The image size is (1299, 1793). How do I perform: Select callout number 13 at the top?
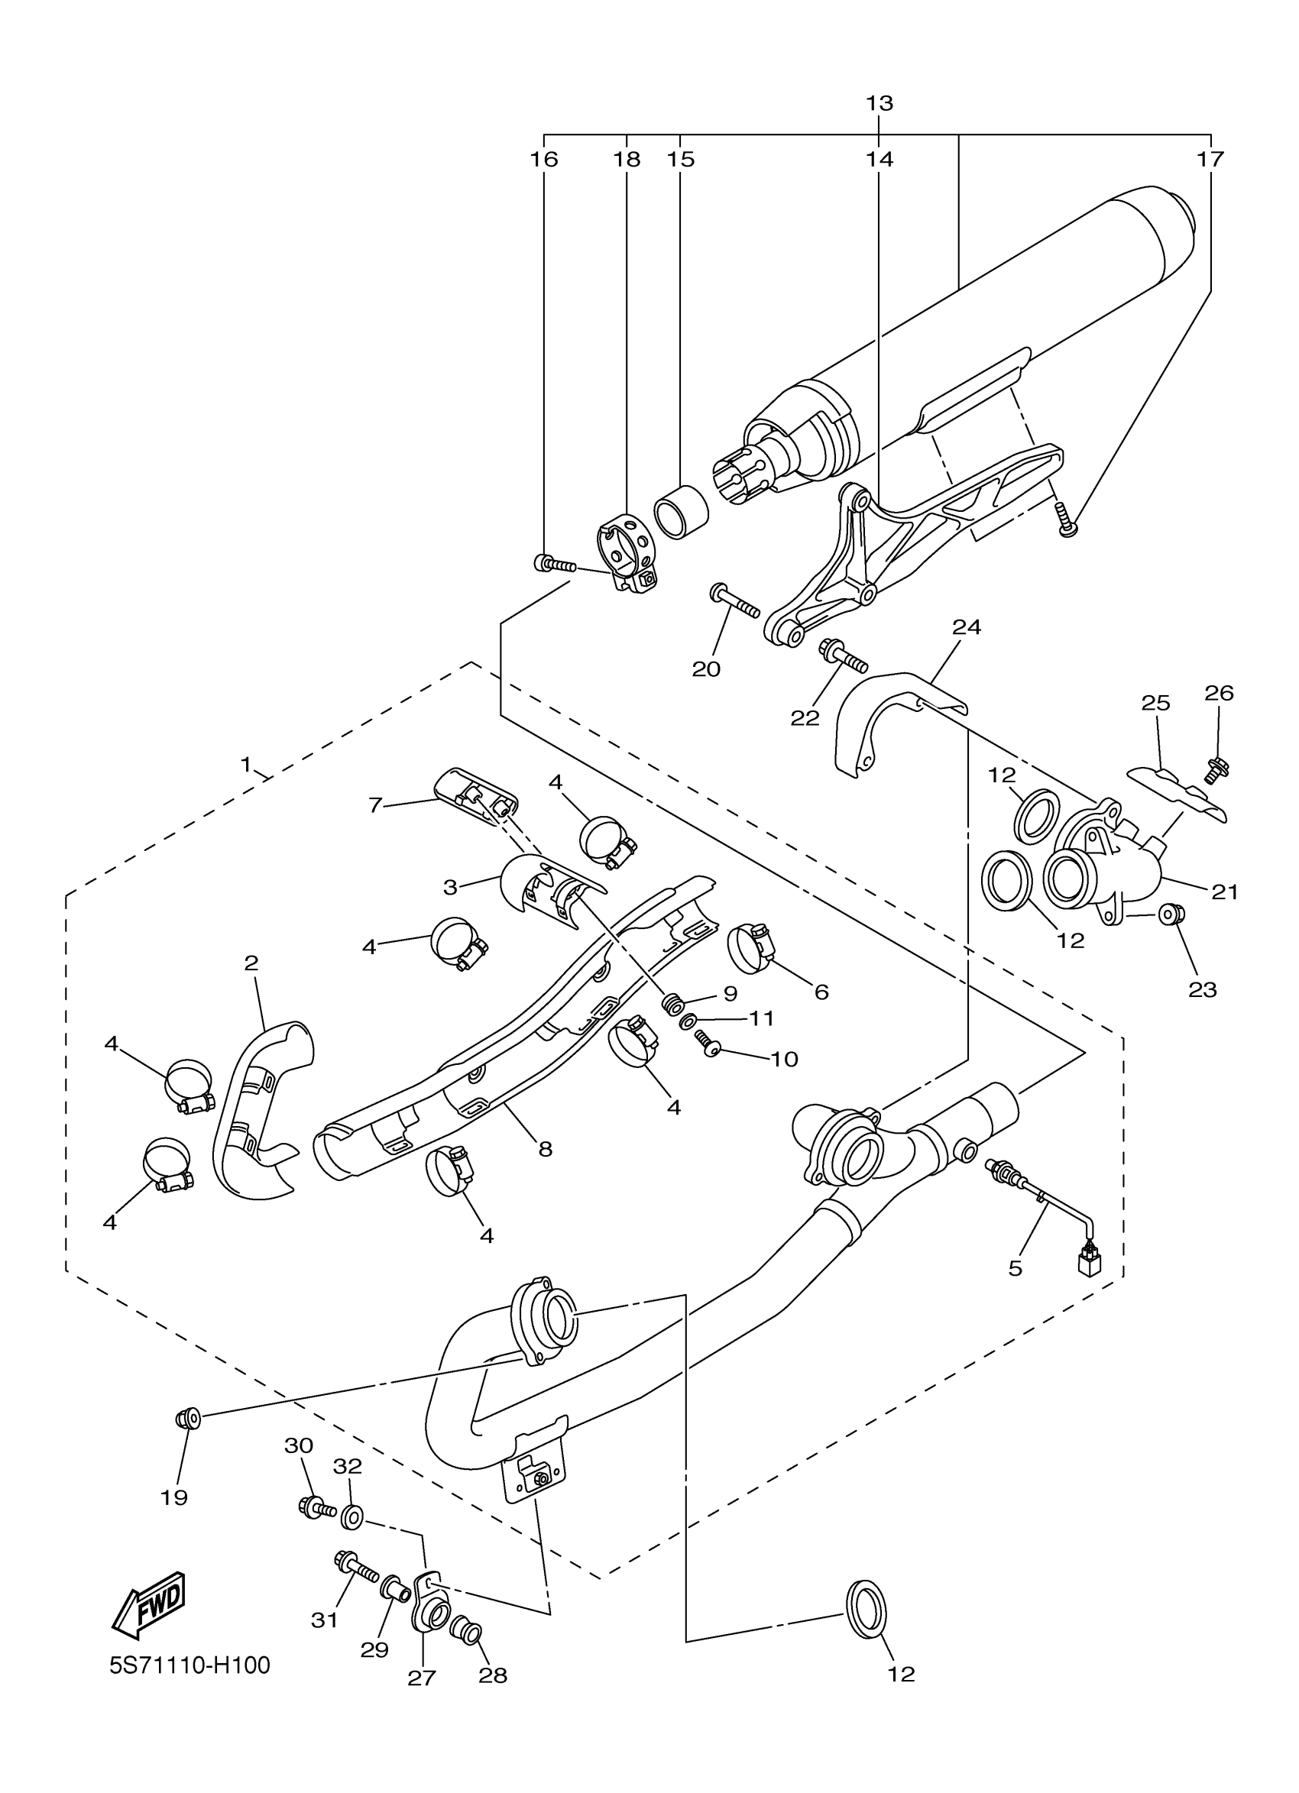point(879,103)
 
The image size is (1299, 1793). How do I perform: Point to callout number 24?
point(966,627)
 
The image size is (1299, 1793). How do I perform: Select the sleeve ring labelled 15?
point(681,512)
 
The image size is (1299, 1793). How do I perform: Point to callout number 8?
point(546,1150)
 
